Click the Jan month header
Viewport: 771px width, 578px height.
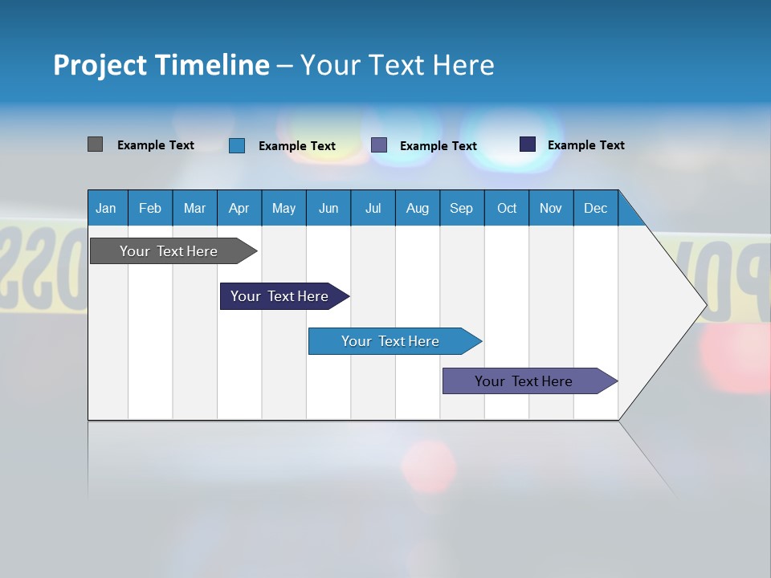[106, 208]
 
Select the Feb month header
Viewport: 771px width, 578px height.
[150, 208]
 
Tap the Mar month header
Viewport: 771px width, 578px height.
[194, 208]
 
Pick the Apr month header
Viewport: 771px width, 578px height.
[239, 208]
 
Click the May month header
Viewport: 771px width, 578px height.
[284, 208]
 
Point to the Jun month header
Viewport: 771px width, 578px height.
[328, 208]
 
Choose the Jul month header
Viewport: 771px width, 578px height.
[373, 208]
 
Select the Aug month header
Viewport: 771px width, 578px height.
[417, 208]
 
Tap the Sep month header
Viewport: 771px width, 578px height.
[461, 208]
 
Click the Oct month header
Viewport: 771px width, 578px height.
[507, 208]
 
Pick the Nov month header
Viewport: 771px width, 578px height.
[551, 208]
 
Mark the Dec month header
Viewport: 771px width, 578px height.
[595, 208]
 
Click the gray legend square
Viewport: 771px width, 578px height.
[95, 144]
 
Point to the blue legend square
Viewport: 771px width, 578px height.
[236, 145]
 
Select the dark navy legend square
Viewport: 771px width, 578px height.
[527, 144]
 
